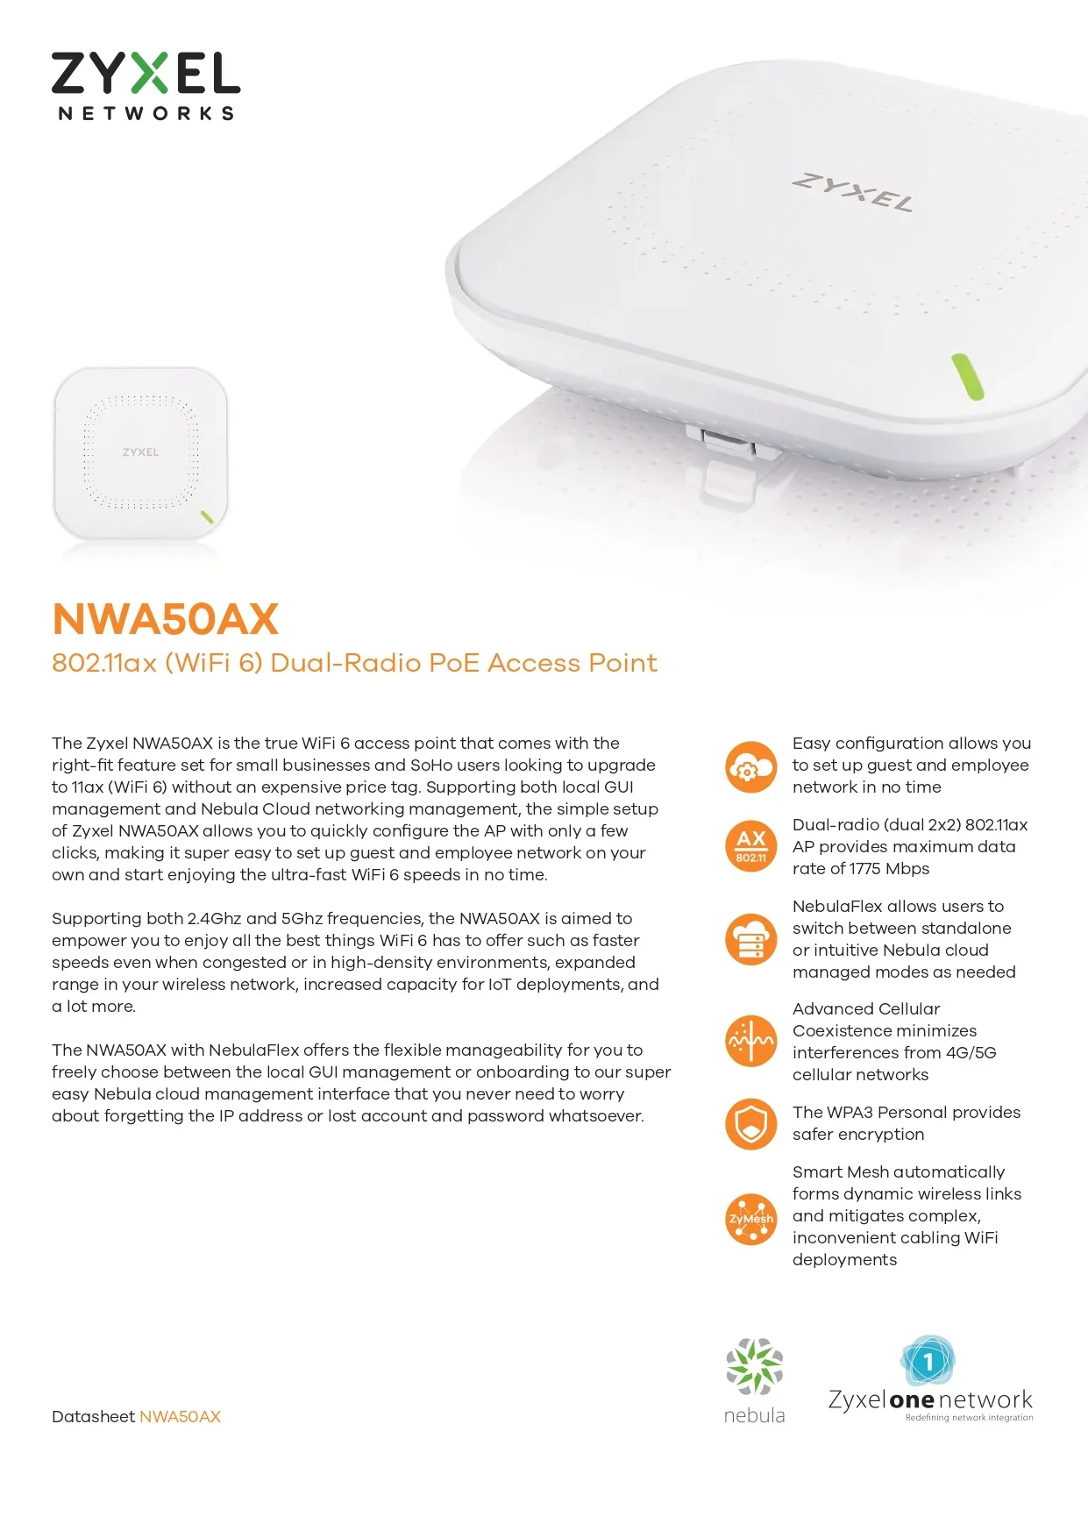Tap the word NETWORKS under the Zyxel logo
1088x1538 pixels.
146,113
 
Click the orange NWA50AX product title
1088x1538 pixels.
166,619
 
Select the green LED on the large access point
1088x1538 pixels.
968,377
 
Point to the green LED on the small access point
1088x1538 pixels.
207,516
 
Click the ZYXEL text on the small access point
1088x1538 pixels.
141,452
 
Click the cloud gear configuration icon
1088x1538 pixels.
751,766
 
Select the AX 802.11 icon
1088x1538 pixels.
751,846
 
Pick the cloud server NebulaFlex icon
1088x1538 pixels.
751,939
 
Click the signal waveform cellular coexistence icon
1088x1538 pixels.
751,1041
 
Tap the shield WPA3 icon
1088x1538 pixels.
751,1123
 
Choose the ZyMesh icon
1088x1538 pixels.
751,1219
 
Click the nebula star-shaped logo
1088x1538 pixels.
754,1366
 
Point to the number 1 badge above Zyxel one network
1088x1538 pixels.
928,1362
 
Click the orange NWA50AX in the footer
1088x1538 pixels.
180,1416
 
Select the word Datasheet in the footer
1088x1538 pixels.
93,1416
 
